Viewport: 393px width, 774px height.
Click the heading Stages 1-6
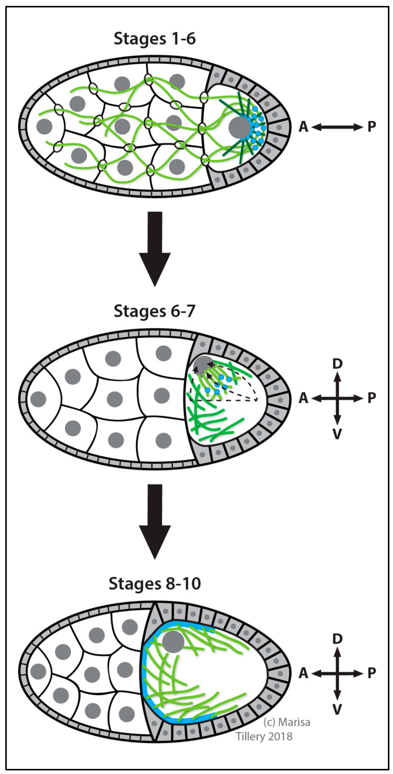(x=155, y=39)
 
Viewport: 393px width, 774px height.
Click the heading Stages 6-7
(x=155, y=311)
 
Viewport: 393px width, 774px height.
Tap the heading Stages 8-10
(x=155, y=584)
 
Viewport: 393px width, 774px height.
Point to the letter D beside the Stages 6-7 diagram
(x=337, y=364)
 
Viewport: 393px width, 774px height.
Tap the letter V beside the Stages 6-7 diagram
(x=337, y=434)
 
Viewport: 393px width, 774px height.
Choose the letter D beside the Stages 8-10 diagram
(x=337, y=639)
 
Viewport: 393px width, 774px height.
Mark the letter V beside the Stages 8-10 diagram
(x=337, y=709)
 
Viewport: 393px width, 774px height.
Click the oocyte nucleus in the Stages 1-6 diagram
(x=239, y=127)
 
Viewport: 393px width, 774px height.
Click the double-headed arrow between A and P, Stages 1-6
(x=337, y=127)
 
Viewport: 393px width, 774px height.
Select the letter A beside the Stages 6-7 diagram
(x=303, y=398)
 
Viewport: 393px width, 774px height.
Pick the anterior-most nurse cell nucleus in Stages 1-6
(x=44, y=126)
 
